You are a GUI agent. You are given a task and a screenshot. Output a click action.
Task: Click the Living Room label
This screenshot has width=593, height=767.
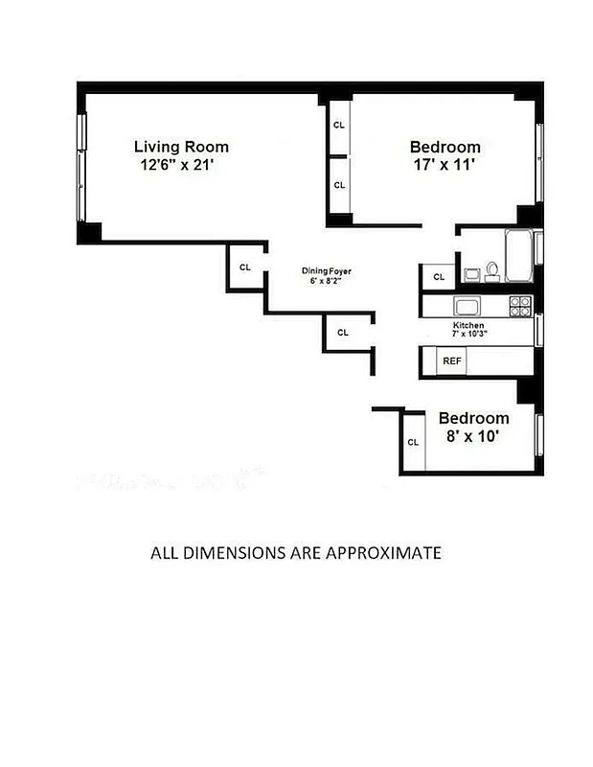click(x=181, y=147)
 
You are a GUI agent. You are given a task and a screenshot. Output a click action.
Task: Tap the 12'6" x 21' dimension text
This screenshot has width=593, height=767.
click(x=181, y=164)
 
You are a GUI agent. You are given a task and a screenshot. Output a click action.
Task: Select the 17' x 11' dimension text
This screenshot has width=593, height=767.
click(x=445, y=164)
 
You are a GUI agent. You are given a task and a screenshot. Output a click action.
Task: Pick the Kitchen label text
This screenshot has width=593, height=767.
click(x=468, y=326)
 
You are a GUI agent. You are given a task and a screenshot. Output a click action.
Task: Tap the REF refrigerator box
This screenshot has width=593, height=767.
click(x=451, y=361)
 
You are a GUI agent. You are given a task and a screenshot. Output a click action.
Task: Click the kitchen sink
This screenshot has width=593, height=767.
click(x=468, y=306)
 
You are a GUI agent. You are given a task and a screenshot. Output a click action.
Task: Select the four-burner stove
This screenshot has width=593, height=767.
click(x=520, y=306)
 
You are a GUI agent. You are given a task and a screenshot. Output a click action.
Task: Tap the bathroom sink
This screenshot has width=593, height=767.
click(x=472, y=275)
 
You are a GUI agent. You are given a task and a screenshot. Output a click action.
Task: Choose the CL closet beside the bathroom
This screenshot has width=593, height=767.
click(x=439, y=276)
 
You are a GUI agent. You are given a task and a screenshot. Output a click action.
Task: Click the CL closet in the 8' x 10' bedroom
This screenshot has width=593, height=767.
click(x=413, y=442)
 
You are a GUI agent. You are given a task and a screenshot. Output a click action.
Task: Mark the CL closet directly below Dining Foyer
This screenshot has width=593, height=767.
click(x=343, y=333)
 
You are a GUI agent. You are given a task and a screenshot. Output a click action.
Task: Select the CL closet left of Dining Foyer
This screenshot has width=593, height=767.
click(x=245, y=267)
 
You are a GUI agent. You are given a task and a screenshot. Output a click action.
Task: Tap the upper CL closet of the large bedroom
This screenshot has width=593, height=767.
click(x=339, y=125)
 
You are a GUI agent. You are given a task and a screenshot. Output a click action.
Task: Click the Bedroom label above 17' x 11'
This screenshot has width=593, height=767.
click(x=445, y=147)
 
